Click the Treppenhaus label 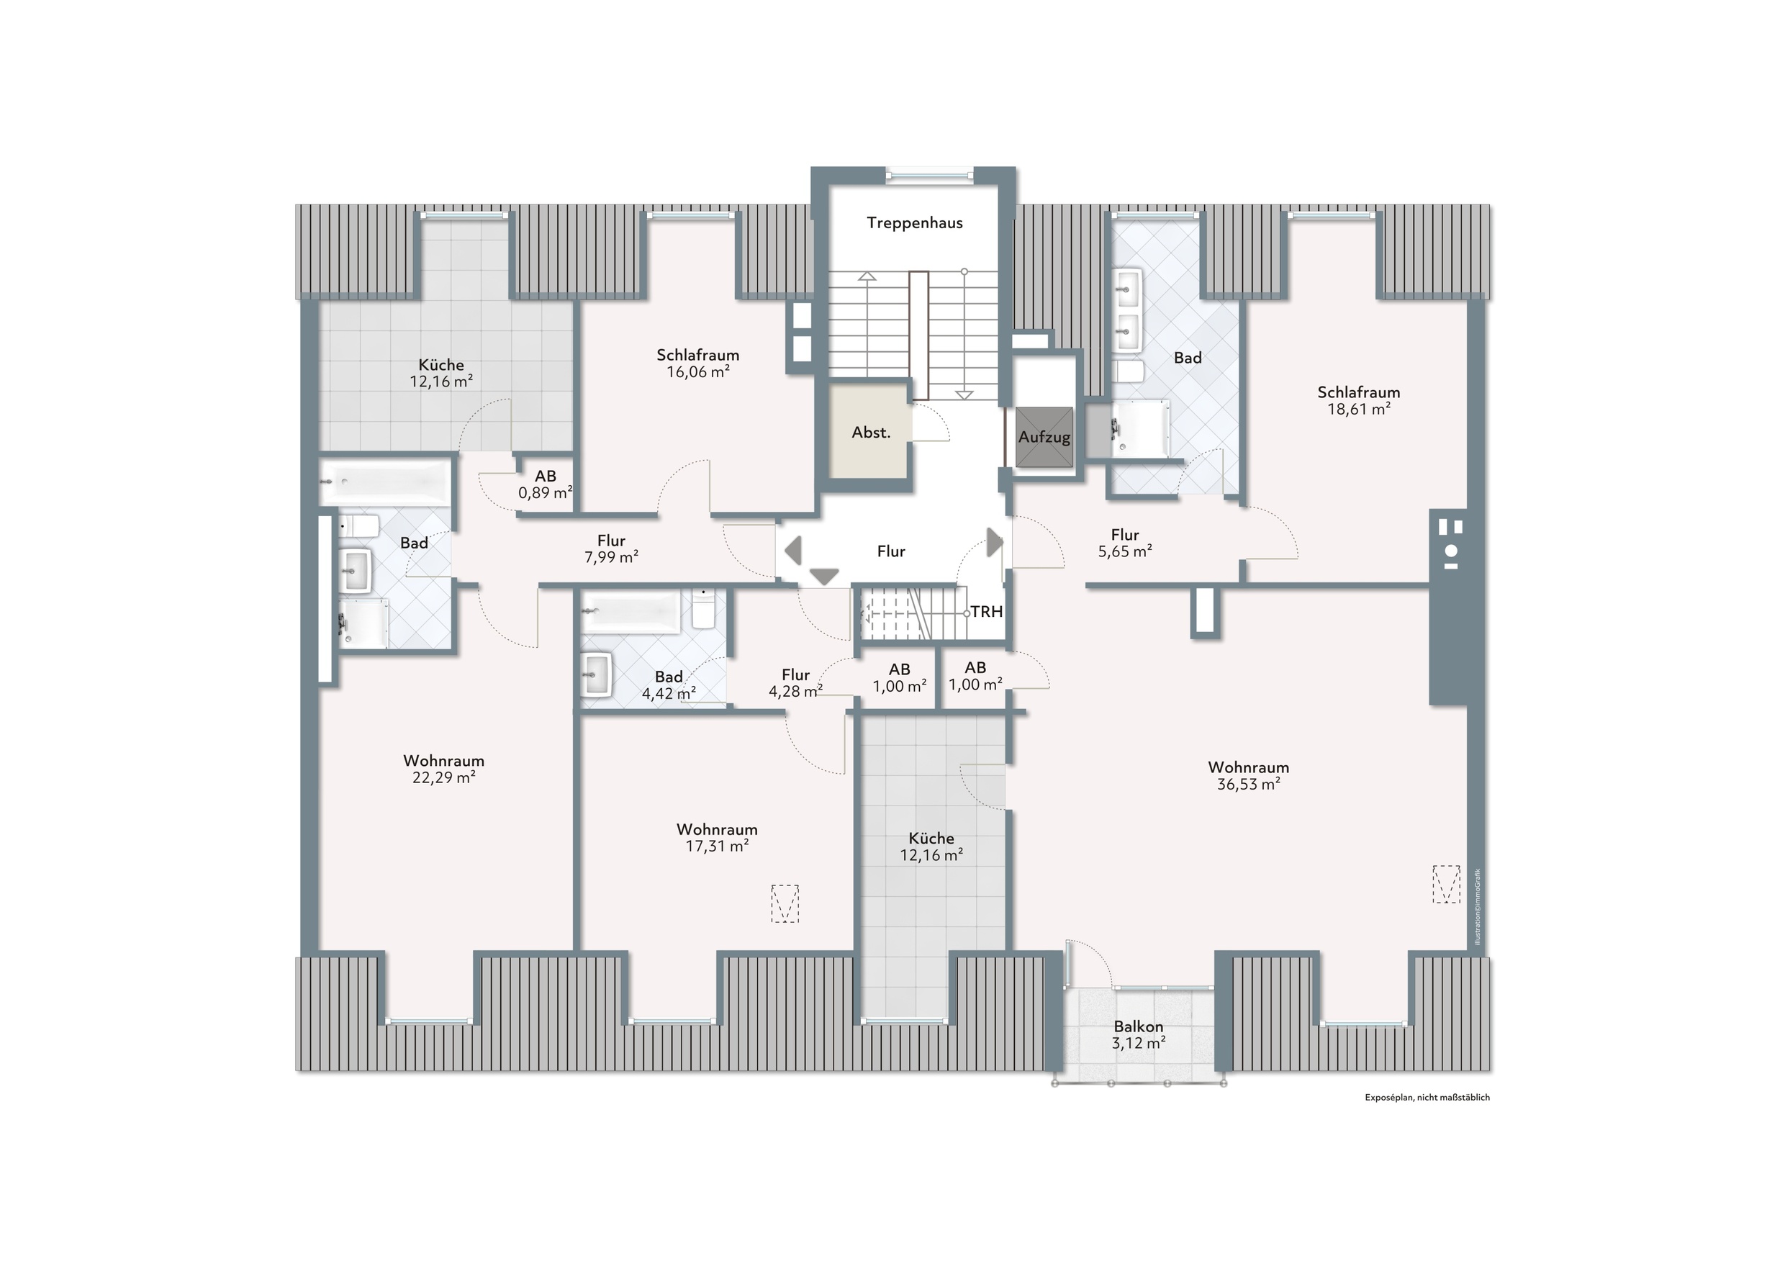coord(914,222)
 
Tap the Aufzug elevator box coord(1044,437)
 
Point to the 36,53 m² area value coord(1248,785)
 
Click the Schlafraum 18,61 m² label coord(1358,400)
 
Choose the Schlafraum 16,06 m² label coord(697,363)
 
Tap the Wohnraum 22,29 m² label coord(443,769)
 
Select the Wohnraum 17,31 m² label coord(717,838)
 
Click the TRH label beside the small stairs coord(987,612)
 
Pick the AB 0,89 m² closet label coord(546,484)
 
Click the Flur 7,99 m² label coord(611,548)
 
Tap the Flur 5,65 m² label coord(1125,543)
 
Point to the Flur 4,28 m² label coord(795,683)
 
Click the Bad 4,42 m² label coord(669,685)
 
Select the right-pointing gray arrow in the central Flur coord(995,542)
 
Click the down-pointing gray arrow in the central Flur coord(823,577)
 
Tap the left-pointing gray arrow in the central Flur coord(793,550)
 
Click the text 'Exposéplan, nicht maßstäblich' coord(1427,1097)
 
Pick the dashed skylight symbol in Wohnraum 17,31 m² coord(785,903)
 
